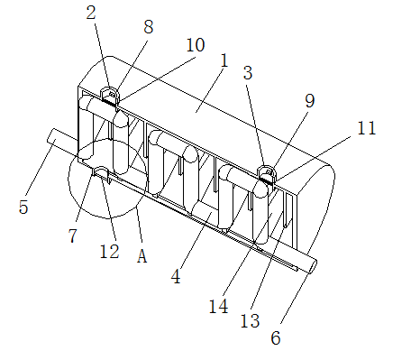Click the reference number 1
pyautogui.click(x=224, y=60)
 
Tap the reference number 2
pyautogui.click(x=91, y=13)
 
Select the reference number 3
pyautogui.click(x=248, y=73)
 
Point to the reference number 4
pyautogui.click(x=176, y=277)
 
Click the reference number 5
pyautogui.click(x=23, y=207)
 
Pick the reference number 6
pyautogui.click(x=276, y=337)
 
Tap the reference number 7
pyautogui.click(x=73, y=235)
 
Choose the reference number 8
pyautogui.click(x=149, y=27)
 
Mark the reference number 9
pyautogui.click(x=310, y=101)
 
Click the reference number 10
pyautogui.click(x=196, y=45)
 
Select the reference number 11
pyautogui.click(x=366, y=128)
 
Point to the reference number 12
pyautogui.click(x=110, y=251)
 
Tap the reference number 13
pyautogui.click(x=250, y=320)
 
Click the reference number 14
pyautogui.click(x=218, y=307)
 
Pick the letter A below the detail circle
pyautogui.click(x=142, y=256)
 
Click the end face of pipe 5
pyautogui.click(x=51, y=135)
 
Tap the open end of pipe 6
pyautogui.click(x=313, y=266)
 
